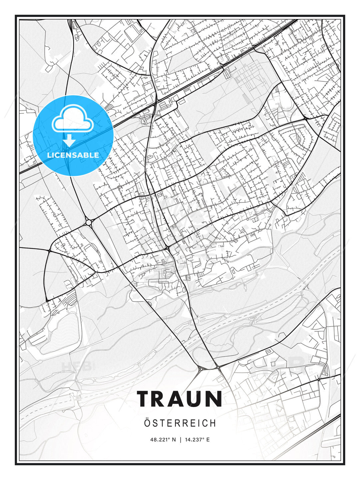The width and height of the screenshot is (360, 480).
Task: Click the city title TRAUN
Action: point(180,399)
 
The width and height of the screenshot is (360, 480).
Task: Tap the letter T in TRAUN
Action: point(144,399)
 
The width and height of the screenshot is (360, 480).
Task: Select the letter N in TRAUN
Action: point(214,399)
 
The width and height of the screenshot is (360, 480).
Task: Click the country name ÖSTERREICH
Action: point(180,423)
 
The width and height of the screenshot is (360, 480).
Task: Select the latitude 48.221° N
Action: point(163,440)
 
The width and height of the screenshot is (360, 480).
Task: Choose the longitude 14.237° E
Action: point(197,440)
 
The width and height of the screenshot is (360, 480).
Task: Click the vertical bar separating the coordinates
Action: point(180,440)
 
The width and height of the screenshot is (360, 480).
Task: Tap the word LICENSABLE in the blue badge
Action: point(73,155)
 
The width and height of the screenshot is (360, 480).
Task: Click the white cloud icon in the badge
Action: point(72,119)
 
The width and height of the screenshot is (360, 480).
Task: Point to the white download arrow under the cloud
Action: point(69,140)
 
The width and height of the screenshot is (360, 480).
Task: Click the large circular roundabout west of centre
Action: point(89,222)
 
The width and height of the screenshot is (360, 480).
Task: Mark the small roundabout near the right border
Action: point(319,380)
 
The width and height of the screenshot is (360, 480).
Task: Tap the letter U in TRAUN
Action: point(196,399)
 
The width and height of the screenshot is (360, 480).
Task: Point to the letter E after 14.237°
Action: point(208,440)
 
